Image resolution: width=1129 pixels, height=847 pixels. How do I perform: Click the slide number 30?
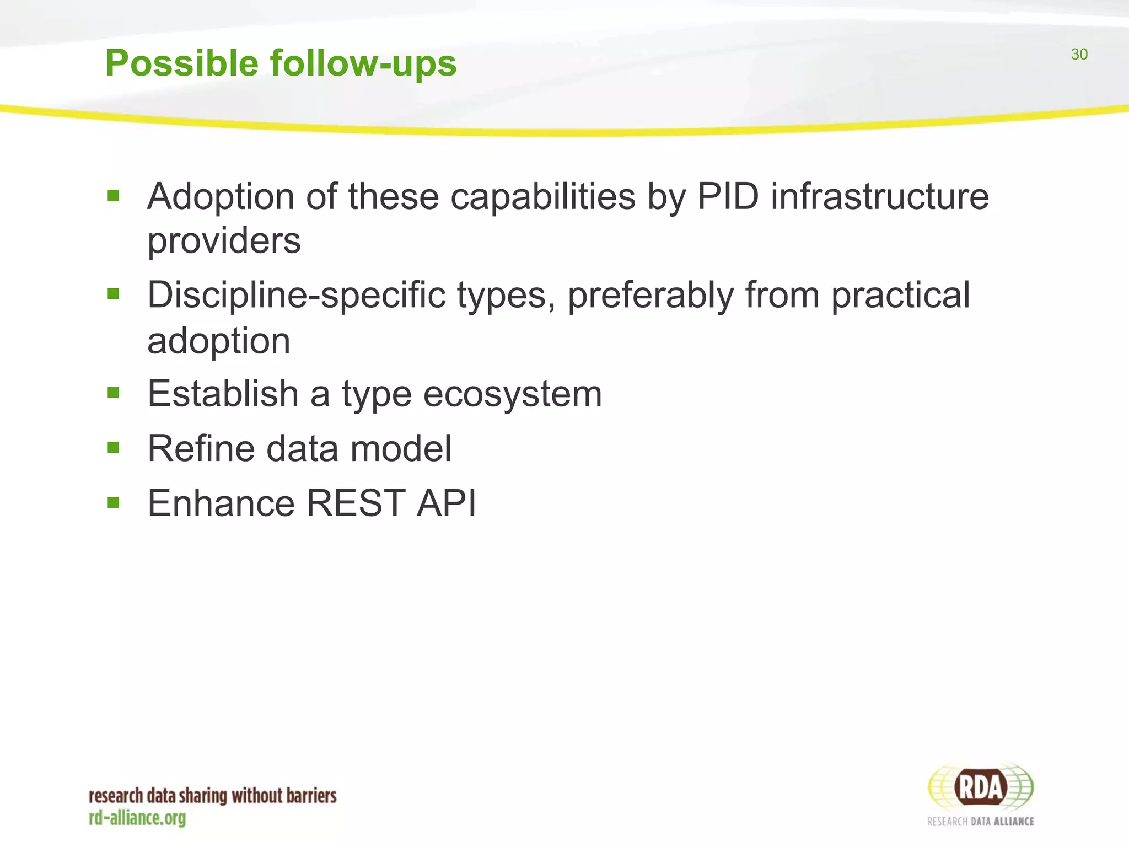coord(1079,54)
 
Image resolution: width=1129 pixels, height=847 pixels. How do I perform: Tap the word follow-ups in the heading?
coord(363,64)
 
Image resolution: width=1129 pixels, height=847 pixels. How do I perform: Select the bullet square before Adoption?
coord(114,195)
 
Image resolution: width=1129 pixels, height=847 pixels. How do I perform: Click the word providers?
coord(224,241)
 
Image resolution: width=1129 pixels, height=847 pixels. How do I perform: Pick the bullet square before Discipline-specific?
coord(114,294)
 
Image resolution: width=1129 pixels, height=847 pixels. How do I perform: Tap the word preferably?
coord(650,296)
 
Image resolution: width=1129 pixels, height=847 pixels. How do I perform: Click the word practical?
coord(900,296)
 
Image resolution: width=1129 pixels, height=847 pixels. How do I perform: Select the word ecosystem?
coord(512,395)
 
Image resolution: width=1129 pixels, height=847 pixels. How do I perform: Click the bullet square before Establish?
coord(114,393)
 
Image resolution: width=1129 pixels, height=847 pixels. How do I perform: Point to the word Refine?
coord(201,448)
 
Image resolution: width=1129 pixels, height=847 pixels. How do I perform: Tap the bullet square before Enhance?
coord(114,502)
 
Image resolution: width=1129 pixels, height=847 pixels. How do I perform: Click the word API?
coord(446,503)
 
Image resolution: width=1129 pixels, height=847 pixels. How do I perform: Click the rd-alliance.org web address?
coord(137,818)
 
